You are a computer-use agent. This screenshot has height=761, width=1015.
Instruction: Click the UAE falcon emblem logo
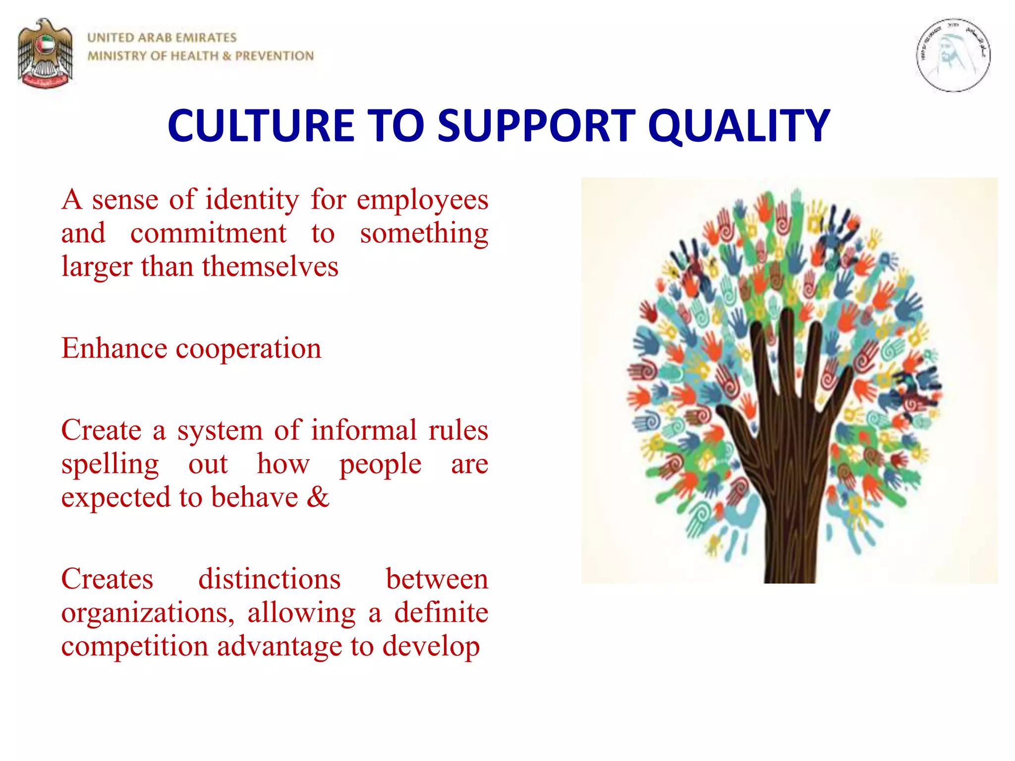coord(45,54)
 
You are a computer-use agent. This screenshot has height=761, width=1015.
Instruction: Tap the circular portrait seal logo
coord(953,55)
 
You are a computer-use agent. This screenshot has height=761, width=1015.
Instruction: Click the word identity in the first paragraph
coord(252,200)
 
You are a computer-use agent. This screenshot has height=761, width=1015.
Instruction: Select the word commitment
coord(208,233)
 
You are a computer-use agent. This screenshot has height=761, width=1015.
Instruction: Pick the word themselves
coord(270,267)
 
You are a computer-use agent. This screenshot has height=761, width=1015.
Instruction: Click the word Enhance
coord(114,348)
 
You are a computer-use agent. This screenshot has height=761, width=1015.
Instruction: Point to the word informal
coord(364,430)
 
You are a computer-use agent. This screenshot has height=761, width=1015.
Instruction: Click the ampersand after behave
coord(318,497)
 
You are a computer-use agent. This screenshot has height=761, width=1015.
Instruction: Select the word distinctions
coord(269,579)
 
